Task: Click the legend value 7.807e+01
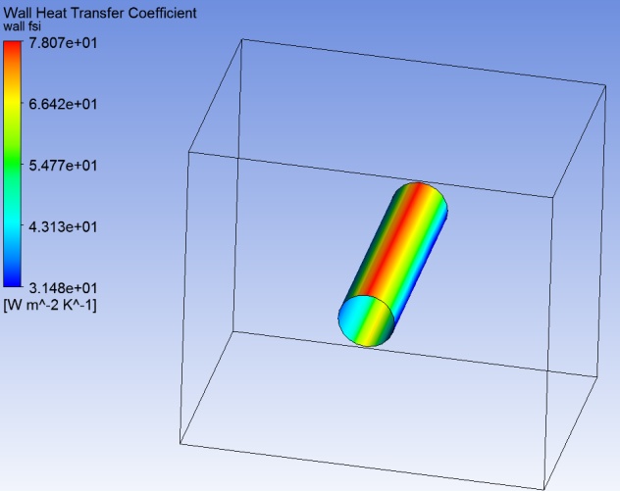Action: (x=63, y=43)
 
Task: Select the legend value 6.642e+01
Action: (x=63, y=104)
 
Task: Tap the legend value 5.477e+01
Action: (x=63, y=166)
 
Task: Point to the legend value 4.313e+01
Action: (x=63, y=227)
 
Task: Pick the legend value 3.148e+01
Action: (x=63, y=288)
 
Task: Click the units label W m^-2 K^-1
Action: (x=50, y=306)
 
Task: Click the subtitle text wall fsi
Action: (x=23, y=26)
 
